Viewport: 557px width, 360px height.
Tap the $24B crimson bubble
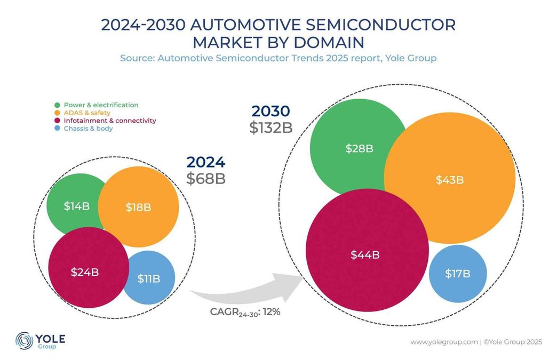click(x=85, y=271)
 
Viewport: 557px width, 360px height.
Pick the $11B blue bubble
click(x=149, y=278)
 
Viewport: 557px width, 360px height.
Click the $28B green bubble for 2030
click(x=359, y=149)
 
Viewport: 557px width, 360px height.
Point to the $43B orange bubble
click(x=450, y=180)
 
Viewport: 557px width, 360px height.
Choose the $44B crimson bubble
click(x=366, y=255)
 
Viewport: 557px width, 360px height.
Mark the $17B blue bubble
click(x=458, y=274)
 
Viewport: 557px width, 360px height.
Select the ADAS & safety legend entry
click(x=87, y=113)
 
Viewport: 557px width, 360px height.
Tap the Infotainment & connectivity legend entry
click(x=109, y=121)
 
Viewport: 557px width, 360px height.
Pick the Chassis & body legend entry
click(x=88, y=128)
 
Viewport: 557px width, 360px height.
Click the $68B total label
click(x=205, y=179)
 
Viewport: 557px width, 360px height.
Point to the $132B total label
click(x=270, y=128)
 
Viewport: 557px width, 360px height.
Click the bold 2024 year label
click(x=205, y=162)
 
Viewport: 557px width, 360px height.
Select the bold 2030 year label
click(x=270, y=111)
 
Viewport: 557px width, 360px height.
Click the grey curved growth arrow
click(x=240, y=292)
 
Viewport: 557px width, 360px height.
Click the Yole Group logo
click(x=40, y=341)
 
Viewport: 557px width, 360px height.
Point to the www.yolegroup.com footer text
click(x=443, y=342)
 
